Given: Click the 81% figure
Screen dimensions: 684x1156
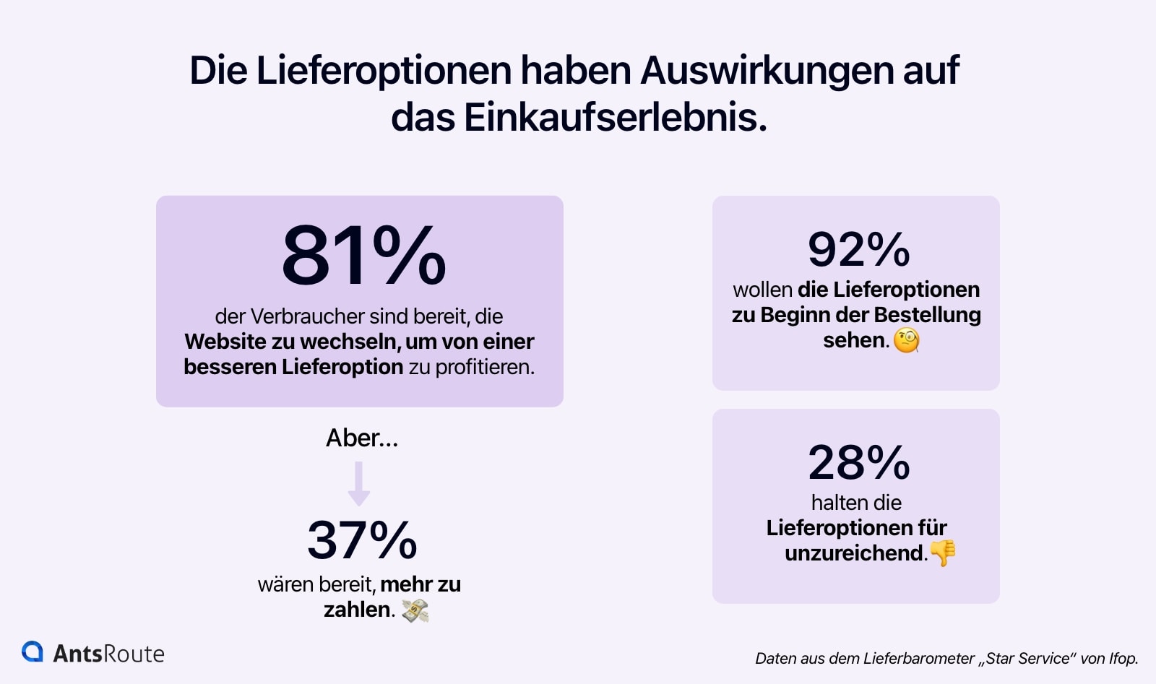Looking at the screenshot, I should [363, 256].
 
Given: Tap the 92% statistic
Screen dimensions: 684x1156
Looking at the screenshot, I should [858, 250].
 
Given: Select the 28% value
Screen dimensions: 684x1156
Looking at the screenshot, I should [858, 463].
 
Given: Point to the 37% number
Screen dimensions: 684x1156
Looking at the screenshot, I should [362, 540].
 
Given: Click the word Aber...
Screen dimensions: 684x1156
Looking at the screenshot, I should [353, 438].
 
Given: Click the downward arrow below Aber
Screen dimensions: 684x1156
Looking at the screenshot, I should [359, 483].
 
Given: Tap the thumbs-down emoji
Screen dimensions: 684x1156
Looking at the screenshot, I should [943, 553].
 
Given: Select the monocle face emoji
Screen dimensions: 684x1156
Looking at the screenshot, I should [907, 340].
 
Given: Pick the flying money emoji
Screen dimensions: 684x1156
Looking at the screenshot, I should [415, 611].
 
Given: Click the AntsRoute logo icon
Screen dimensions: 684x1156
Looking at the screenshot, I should [33, 651].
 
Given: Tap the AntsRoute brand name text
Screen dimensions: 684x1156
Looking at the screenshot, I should [109, 654].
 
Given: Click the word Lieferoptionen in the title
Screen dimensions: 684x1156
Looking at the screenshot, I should [384, 71].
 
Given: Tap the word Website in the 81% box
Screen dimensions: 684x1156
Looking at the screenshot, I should [225, 342].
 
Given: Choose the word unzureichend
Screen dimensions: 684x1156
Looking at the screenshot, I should [854, 553].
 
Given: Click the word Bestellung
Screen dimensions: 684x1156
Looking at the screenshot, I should [927, 315].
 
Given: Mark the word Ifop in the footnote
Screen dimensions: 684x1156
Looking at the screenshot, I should [1122, 659].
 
